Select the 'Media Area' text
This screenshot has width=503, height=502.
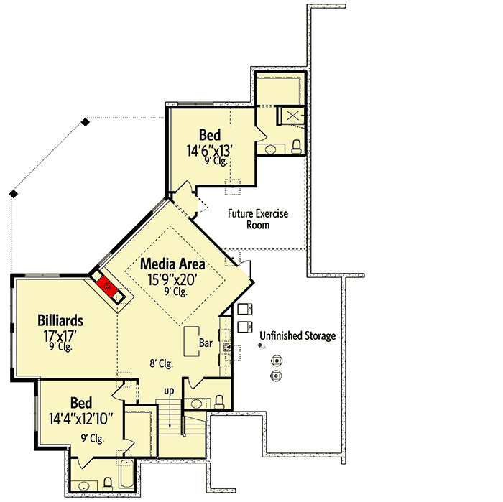[172, 264]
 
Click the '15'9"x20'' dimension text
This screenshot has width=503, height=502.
[171, 278]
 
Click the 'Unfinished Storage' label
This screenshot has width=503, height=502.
[297, 335]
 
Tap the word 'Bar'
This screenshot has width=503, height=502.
[206, 344]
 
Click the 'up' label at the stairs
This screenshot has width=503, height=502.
[170, 391]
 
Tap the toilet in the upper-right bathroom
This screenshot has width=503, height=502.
[297, 148]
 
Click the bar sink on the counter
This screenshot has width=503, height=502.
[226, 348]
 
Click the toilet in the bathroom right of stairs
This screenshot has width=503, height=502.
[221, 400]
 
